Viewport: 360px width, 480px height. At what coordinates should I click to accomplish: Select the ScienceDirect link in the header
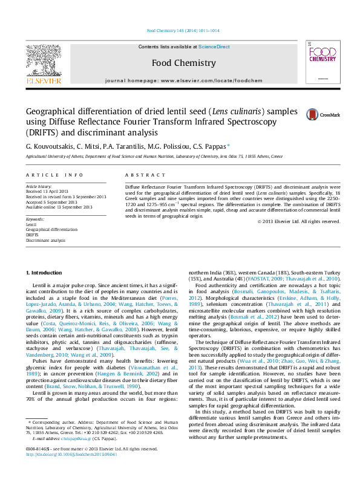tap(214, 47)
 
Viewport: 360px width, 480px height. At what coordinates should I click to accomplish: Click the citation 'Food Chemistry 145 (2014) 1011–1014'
tap(183, 31)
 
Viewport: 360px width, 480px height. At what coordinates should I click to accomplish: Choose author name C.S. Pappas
tap(212, 146)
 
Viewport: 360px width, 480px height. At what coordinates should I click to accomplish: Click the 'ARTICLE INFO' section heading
tap(54, 175)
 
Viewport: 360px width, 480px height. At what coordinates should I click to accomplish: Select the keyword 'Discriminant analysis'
tap(45, 240)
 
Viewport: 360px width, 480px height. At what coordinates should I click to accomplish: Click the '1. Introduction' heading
tap(46, 273)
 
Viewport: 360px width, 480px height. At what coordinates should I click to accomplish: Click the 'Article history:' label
tap(39, 187)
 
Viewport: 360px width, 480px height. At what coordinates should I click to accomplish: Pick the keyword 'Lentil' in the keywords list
tap(31, 224)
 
